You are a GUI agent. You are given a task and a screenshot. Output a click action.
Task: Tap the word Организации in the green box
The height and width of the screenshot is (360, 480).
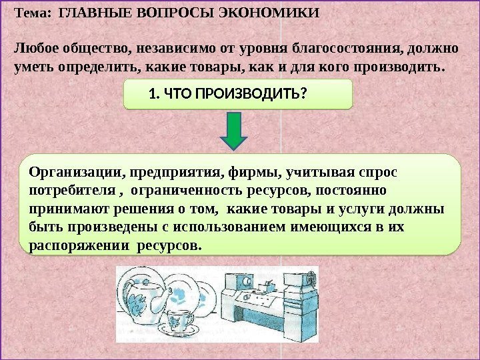(74, 173)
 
